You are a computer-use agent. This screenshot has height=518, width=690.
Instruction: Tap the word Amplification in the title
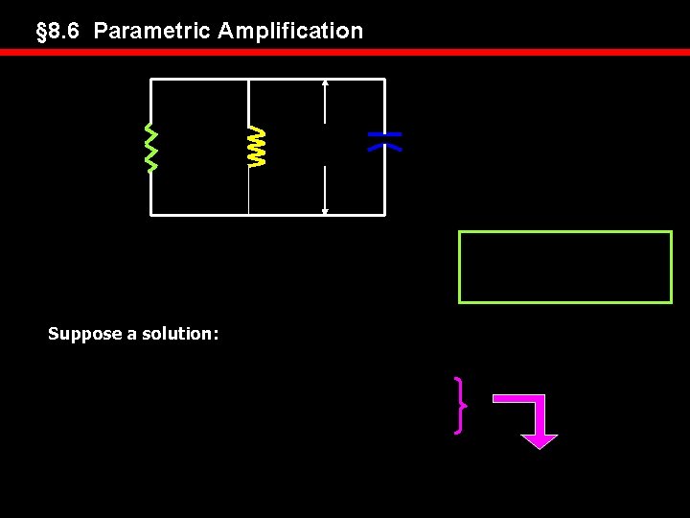[x=290, y=31]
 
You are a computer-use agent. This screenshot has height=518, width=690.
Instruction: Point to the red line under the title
[x=345, y=53]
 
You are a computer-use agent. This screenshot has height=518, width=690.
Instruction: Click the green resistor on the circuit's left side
[x=150, y=147]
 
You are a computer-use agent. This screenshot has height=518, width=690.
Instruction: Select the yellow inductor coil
[x=256, y=146]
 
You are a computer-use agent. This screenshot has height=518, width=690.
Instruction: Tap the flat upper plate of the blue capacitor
[x=384, y=134]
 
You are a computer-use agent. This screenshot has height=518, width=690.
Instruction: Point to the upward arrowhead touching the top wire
[x=326, y=84]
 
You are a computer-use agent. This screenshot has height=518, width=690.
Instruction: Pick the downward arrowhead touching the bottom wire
[x=326, y=209]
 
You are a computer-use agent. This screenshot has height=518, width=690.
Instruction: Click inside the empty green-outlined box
[x=565, y=267]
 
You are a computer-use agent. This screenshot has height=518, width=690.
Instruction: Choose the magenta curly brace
[x=461, y=405]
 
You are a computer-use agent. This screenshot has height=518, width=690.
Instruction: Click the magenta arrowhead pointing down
[x=540, y=440]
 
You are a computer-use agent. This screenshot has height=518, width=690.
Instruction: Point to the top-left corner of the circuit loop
[x=151, y=80]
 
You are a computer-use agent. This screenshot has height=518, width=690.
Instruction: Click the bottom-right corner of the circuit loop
[x=384, y=214]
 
